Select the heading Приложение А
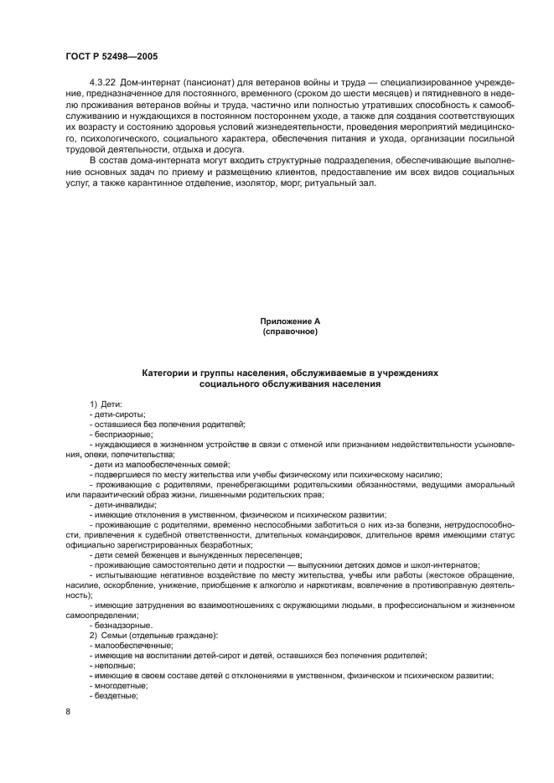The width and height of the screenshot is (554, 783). (290, 321)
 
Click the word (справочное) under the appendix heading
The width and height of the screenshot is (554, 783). (290, 332)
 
